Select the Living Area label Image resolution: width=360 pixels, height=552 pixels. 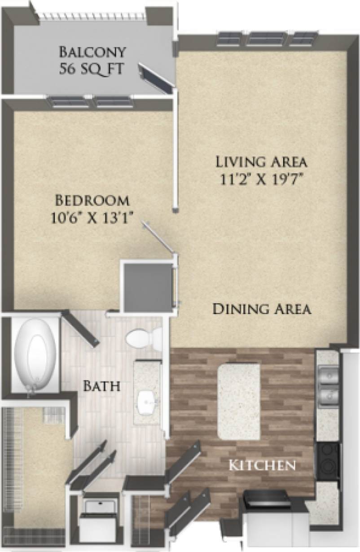[x=261, y=161]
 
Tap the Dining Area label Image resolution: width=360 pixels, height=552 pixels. [x=262, y=309]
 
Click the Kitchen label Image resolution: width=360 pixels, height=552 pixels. [x=263, y=465]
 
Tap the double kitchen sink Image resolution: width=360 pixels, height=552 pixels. [x=329, y=384]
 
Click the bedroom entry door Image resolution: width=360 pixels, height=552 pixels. [x=158, y=237]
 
